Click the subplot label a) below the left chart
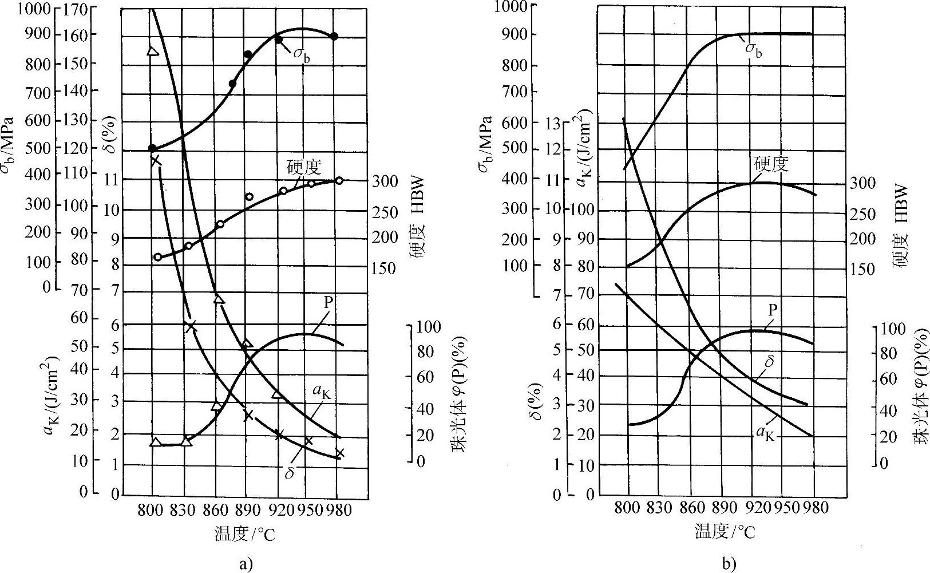click(245, 564)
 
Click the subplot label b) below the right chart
click(728, 564)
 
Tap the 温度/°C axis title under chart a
click(244, 534)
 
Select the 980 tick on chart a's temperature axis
click(338, 510)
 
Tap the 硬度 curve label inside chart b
click(771, 164)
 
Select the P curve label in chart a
click(328, 303)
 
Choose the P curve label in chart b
click(773, 310)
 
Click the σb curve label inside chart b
click(754, 50)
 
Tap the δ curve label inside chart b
click(769, 362)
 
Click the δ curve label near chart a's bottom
click(290, 473)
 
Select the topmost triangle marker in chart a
click(152, 52)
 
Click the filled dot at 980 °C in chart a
click(334, 37)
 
